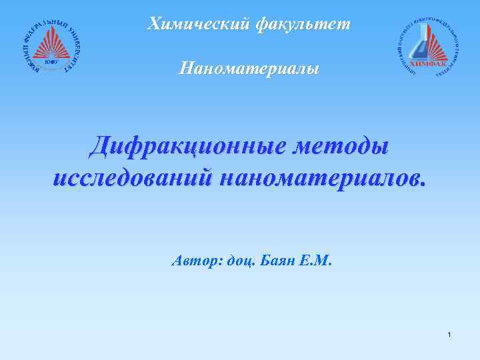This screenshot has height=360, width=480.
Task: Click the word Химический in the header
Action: (x=197, y=25)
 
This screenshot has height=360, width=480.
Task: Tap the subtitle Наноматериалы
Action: (x=249, y=68)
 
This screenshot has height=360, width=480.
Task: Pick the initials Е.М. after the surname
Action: (x=315, y=261)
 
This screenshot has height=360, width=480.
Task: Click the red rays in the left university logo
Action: (x=51, y=47)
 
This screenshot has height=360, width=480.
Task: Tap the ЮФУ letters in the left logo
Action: (x=51, y=61)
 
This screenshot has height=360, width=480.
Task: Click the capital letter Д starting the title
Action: (x=101, y=147)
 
